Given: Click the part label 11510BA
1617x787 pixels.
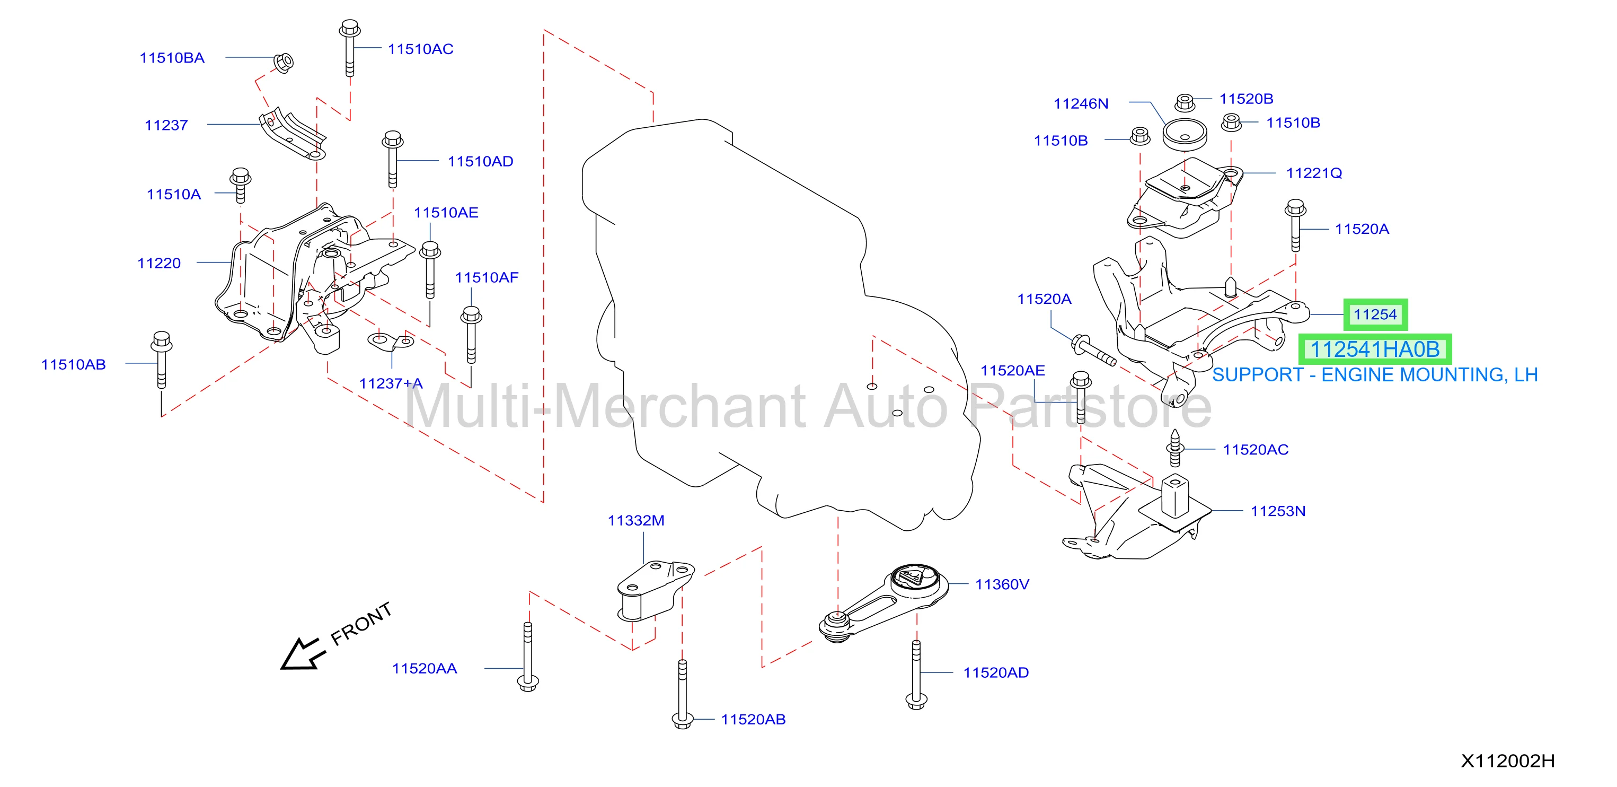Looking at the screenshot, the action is [x=172, y=58].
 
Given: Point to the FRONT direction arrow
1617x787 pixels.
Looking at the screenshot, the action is [x=303, y=654].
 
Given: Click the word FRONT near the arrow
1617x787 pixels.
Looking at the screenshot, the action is [x=361, y=623].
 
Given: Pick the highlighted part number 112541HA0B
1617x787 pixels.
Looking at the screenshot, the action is [x=1375, y=349].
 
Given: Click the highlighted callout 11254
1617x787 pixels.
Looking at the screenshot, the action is [x=1375, y=314].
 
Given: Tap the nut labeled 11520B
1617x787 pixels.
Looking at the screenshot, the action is [x=1184, y=102].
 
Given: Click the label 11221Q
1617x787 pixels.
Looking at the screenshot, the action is [x=1314, y=173].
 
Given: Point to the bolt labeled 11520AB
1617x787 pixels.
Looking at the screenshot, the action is [x=682, y=694].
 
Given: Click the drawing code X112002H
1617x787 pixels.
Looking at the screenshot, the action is [x=1508, y=760].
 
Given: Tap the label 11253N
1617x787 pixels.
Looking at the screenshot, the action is [x=1278, y=511].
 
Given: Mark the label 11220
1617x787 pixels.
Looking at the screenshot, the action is [x=159, y=263].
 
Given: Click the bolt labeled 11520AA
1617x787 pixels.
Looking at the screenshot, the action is [x=528, y=657].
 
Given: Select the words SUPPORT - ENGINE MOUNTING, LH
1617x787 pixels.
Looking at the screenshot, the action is [x=1375, y=375].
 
